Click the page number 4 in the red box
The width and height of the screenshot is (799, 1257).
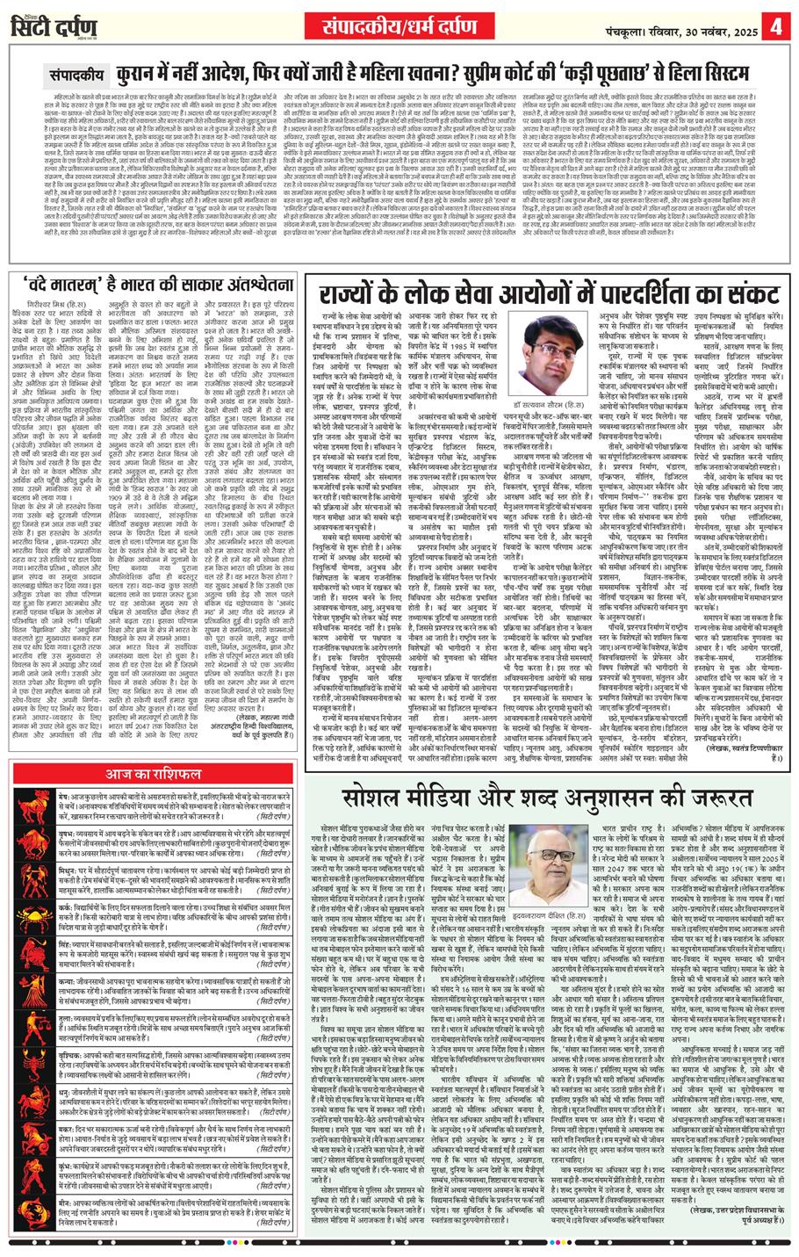777,25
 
